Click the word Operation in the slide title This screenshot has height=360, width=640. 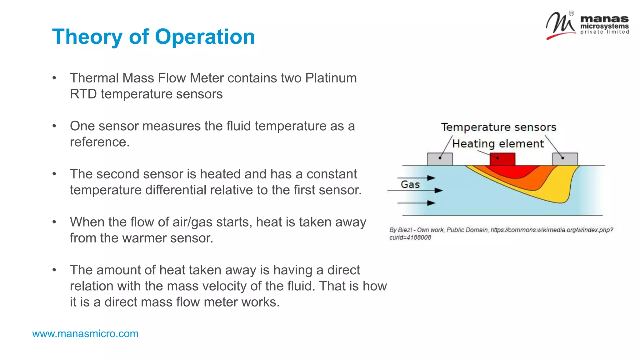(x=205, y=37)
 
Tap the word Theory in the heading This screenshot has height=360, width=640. (x=87, y=37)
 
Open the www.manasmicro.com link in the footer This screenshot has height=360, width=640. (x=85, y=334)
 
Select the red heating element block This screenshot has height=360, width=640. (x=502, y=159)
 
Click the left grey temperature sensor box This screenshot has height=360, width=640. (x=440, y=159)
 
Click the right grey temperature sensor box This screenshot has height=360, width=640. (x=565, y=159)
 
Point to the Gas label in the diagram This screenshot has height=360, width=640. (x=410, y=184)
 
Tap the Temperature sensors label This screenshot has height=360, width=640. (x=498, y=127)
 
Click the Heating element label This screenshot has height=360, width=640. (x=498, y=144)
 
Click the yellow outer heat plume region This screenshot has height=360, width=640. (x=559, y=194)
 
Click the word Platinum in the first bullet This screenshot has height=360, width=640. (x=331, y=78)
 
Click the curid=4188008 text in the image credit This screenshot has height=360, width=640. (x=410, y=237)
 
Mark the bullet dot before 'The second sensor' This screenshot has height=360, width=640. (x=54, y=174)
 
